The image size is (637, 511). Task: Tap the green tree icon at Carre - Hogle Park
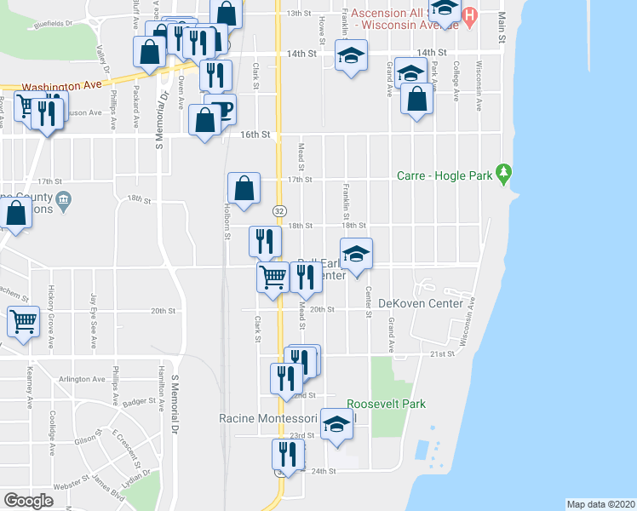pyautogui.click(x=504, y=175)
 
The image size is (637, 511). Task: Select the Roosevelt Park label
pyautogui.click(x=386, y=404)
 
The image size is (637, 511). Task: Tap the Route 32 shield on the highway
pyautogui.click(x=278, y=210)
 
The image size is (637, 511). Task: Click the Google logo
pyautogui.click(x=28, y=501)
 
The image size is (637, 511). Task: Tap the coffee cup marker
pyautogui.click(x=221, y=109)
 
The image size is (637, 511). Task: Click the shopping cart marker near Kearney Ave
pyautogui.click(x=23, y=322)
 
